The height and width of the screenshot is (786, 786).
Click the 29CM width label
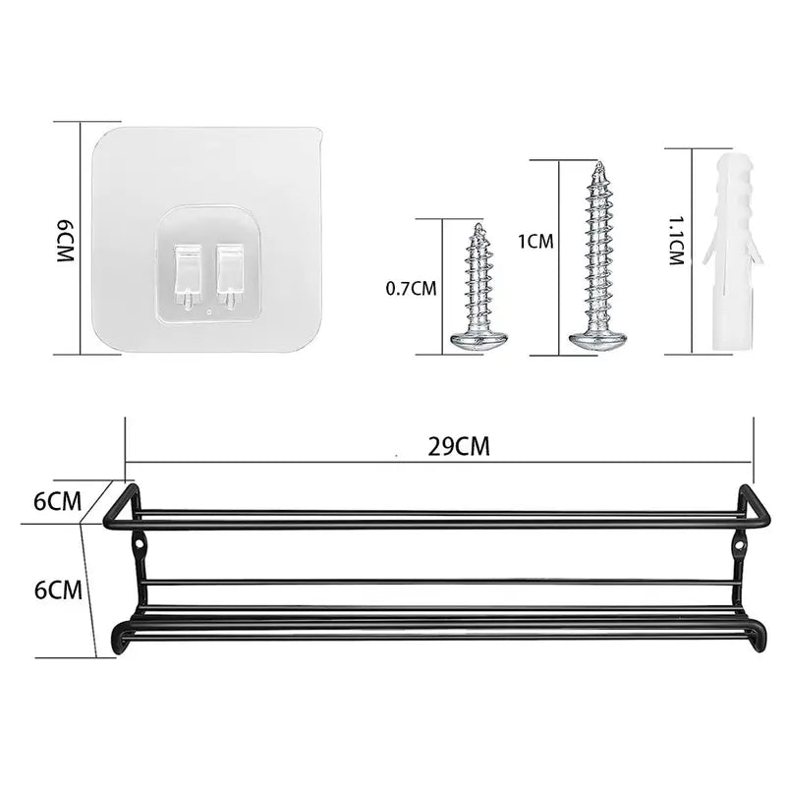click(x=459, y=446)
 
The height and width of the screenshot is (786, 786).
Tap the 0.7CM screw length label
click(x=412, y=288)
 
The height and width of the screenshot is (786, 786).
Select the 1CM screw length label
click(x=535, y=240)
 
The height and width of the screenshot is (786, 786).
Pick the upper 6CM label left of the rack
click(x=57, y=501)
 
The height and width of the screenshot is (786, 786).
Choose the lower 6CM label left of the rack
click(x=57, y=589)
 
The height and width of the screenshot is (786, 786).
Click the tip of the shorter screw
click(x=478, y=228)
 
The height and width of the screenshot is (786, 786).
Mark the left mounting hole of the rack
click(x=140, y=540)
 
